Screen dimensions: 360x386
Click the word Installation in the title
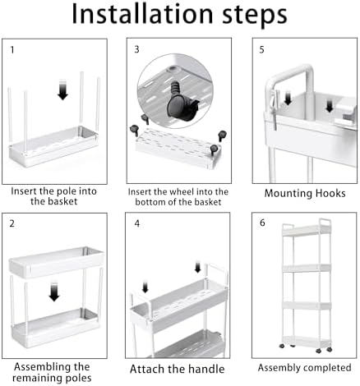pyautogui.click(x=142, y=14)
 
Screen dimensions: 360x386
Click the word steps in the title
pyautogui.click(x=255, y=16)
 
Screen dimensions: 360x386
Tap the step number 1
pyautogui.click(x=12, y=50)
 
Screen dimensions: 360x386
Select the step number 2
pyautogui.click(x=12, y=223)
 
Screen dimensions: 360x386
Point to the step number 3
pyautogui.click(x=136, y=49)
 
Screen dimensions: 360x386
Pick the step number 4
pyautogui.click(x=137, y=223)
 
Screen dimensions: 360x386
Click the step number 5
pyautogui.click(x=262, y=50)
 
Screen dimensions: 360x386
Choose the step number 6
pyautogui.click(x=262, y=223)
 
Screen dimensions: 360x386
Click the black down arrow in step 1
pyautogui.click(x=62, y=90)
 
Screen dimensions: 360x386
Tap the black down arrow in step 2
pyautogui.click(x=54, y=292)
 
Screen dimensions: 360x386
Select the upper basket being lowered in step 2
pyautogui.click(x=56, y=262)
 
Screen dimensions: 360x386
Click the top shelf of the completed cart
pyautogui.click(x=307, y=230)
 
